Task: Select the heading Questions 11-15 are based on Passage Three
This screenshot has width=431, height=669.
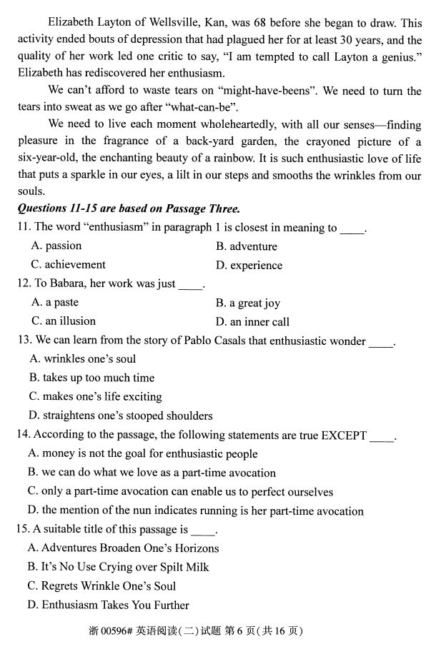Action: (128, 209)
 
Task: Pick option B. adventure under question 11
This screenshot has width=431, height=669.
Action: (246, 247)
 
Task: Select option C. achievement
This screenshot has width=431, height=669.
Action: (69, 265)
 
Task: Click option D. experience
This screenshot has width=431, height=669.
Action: (249, 266)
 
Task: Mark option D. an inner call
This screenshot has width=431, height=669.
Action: (252, 322)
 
